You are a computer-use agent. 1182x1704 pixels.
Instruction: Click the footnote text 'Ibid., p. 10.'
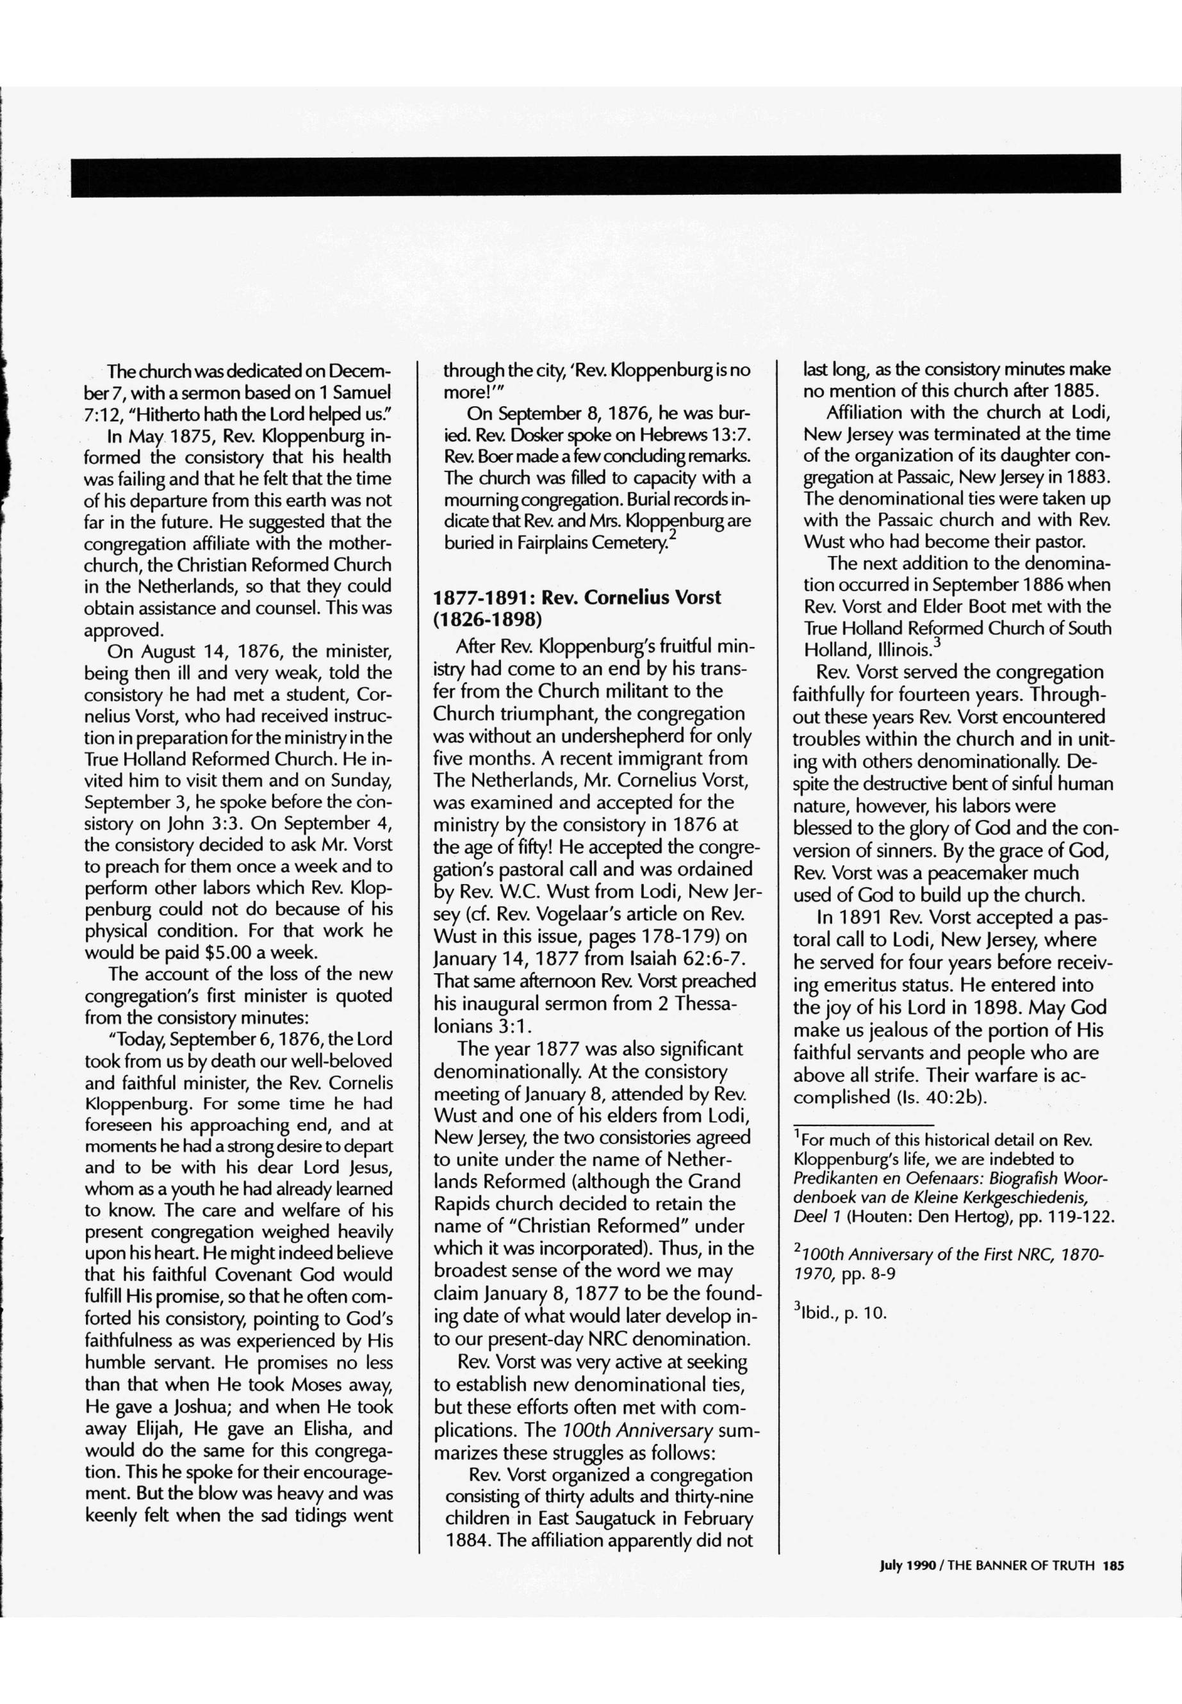[844, 1314]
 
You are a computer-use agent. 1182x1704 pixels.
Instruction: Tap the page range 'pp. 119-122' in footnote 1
[1067, 1217]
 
